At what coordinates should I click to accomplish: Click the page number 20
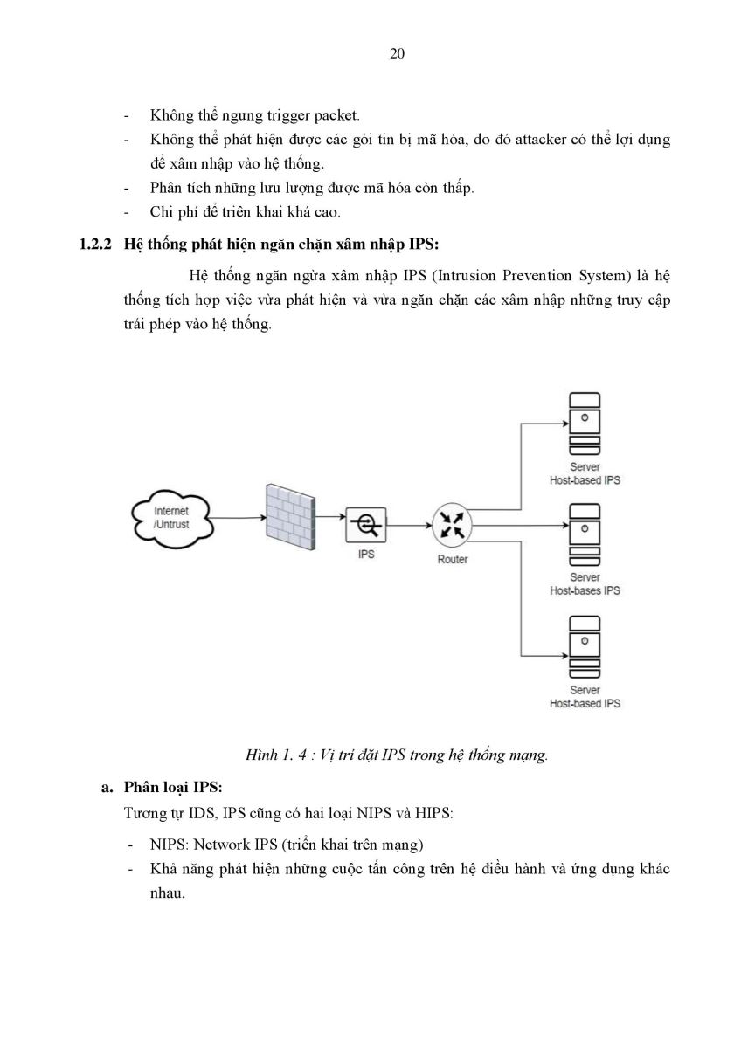(397, 54)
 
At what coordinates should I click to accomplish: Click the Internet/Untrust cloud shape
(172, 519)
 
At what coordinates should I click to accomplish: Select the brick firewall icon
(291, 516)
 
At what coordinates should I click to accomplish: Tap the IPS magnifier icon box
(366, 525)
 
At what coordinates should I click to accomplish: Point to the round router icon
(452, 525)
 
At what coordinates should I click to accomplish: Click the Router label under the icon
(452, 560)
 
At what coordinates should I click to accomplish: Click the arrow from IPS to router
(409, 526)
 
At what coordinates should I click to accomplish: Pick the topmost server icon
(585, 424)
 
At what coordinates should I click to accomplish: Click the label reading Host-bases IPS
(585, 590)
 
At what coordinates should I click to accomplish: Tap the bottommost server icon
(585, 646)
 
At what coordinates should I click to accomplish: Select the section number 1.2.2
(95, 245)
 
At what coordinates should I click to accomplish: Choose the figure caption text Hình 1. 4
(276, 755)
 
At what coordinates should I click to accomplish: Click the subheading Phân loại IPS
(173, 788)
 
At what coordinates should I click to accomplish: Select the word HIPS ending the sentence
(433, 814)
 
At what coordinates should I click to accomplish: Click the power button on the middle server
(585, 528)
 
